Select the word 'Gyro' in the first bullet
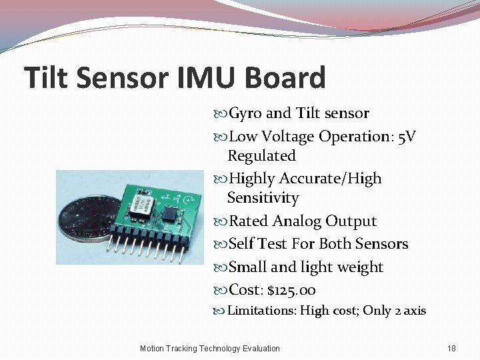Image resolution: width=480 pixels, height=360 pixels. tap(245, 113)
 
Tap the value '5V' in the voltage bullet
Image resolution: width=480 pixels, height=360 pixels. tap(407, 137)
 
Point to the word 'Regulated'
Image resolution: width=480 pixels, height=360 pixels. tap(261, 156)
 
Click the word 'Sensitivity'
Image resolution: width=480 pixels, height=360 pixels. tap(263, 198)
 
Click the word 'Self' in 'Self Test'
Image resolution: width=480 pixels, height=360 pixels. tap(242, 244)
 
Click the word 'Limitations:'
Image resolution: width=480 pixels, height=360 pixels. tap(261, 311)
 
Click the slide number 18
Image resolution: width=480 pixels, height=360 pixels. tap(451, 348)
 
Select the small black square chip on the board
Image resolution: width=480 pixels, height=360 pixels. tap(171, 213)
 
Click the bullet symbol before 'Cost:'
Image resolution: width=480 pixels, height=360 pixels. tap(221, 291)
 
